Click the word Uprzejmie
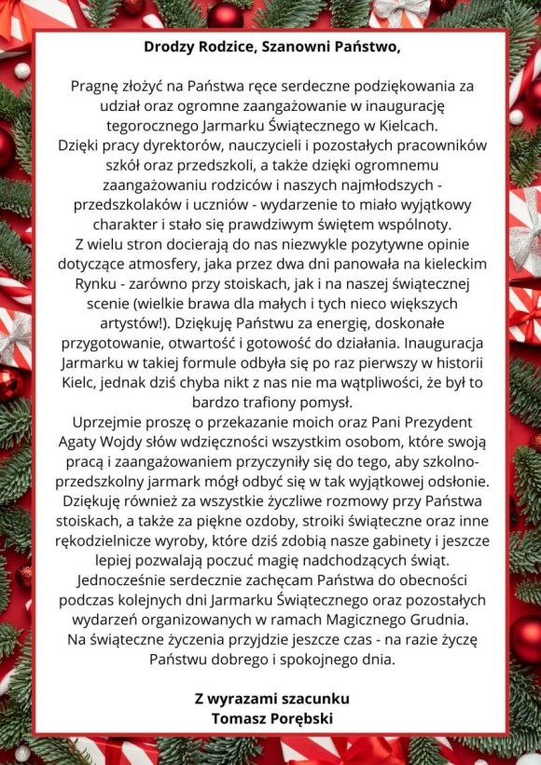pyautogui.click(x=104, y=423)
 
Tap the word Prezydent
pyautogui.click(x=429, y=423)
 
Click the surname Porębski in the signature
pyautogui.click(x=298, y=718)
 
